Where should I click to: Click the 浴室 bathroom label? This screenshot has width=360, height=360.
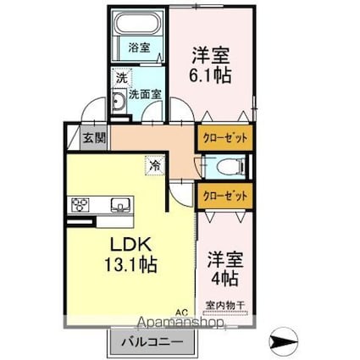pos(139,48)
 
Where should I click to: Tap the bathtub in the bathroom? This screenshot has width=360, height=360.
pos(140,23)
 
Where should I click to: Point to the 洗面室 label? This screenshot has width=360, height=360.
pos(147,93)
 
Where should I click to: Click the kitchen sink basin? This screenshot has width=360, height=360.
pos(119,204)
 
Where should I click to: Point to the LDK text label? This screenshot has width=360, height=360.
pos(128,244)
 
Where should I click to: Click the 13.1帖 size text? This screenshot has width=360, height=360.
pos(130,264)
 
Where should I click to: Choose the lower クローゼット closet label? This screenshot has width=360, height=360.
pos(224,195)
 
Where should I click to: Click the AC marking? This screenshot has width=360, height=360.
pos(181,313)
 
